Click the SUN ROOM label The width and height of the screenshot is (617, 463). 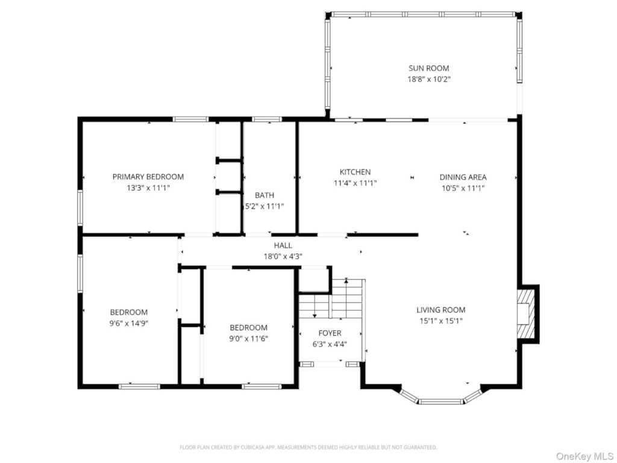428,68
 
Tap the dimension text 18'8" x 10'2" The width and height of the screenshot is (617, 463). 428,79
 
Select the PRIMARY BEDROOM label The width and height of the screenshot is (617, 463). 148,177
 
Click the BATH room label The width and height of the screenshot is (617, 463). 265,195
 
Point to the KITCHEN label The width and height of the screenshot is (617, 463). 355,172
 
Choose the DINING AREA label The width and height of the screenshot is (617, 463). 463,177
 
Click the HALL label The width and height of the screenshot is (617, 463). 283,246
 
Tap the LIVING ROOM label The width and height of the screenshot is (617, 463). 440,310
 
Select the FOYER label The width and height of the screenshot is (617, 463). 330,333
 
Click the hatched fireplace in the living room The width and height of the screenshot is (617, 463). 526,313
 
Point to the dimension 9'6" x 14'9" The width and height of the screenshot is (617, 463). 129,323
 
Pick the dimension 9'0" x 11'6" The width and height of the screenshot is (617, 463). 249,339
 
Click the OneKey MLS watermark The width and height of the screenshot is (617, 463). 584,456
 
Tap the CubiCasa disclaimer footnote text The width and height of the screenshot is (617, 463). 308,447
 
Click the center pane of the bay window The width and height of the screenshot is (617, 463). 440,402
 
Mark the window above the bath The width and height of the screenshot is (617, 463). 267,119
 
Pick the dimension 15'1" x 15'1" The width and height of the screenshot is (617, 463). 440,321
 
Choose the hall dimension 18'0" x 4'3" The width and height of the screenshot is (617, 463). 283,257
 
